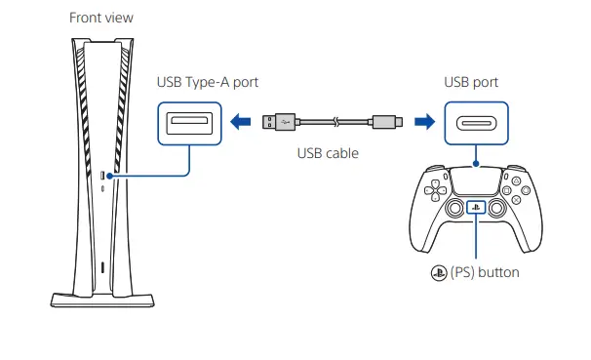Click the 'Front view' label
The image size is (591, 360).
coord(102,18)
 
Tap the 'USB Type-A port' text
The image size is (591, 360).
coord(208,82)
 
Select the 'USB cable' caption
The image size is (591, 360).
coord(328,153)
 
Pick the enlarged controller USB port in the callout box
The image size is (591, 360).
coord(475,123)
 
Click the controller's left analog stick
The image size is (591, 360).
coord(455,208)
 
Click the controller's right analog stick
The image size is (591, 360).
coord(496,208)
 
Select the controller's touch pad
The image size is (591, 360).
coord(476,184)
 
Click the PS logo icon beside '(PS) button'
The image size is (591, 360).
coord(436,273)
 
